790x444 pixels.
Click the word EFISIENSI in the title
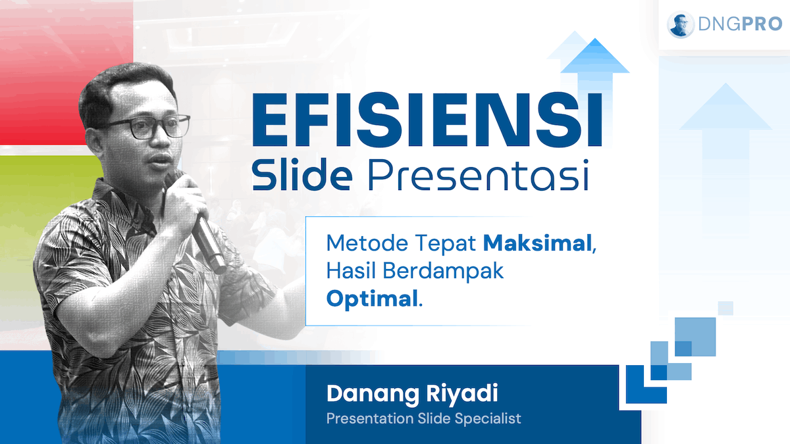pyautogui.click(x=427, y=120)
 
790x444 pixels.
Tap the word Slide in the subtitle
pyautogui.click(x=302, y=174)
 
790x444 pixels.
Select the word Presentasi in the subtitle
pyautogui.click(x=478, y=175)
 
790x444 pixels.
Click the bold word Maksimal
pyautogui.click(x=537, y=243)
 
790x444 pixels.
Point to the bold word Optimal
pyautogui.click(x=372, y=299)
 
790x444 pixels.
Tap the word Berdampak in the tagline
pyautogui.click(x=443, y=270)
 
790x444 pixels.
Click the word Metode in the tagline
pyautogui.click(x=367, y=243)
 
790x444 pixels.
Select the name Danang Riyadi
pyautogui.click(x=412, y=394)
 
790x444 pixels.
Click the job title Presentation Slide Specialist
pyautogui.click(x=423, y=418)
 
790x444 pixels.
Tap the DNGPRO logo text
pyautogui.click(x=740, y=24)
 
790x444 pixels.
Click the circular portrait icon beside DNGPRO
pyautogui.click(x=680, y=24)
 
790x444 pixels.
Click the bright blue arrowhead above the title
pyautogui.click(x=595, y=56)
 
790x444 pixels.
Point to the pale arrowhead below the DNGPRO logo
pyautogui.click(x=725, y=107)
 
